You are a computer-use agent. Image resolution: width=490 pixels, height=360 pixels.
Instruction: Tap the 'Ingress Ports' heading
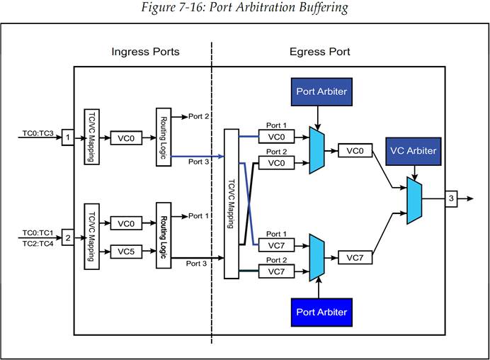(x=145, y=52)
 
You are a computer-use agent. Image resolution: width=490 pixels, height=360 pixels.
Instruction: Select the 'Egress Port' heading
(x=319, y=52)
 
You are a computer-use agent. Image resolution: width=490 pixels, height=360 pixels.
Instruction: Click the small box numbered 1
(x=68, y=135)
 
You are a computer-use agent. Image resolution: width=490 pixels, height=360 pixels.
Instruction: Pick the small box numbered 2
(x=68, y=236)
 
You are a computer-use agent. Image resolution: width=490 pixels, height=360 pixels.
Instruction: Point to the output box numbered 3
(x=450, y=199)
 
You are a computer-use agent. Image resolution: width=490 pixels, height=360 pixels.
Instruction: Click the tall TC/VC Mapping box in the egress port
(x=231, y=203)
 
